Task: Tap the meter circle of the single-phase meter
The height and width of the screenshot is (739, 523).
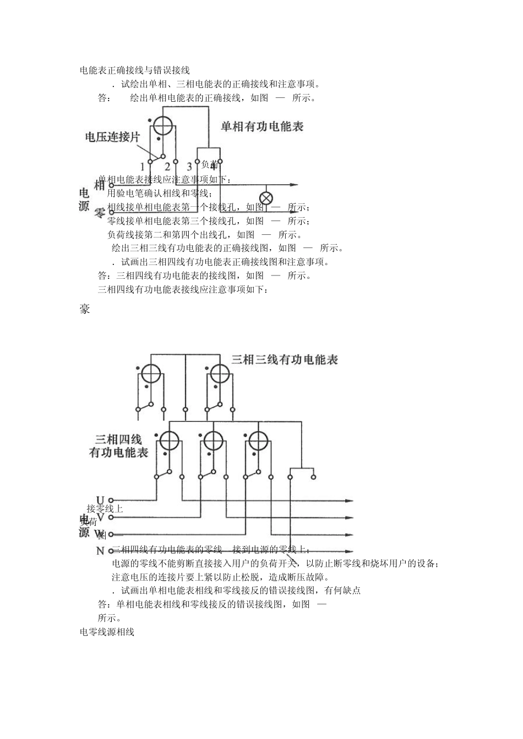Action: tap(163, 126)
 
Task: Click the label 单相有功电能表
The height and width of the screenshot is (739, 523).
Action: tap(262, 126)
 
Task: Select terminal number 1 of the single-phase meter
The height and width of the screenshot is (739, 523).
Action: tap(143, 166)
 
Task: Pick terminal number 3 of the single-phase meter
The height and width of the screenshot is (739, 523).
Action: tap(189, 166)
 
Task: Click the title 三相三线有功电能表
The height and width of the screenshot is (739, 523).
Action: tap(285, 360)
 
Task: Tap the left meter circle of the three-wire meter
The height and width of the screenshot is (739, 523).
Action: tap(150, 374)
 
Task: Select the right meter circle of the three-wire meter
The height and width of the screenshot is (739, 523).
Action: tap(220, 374)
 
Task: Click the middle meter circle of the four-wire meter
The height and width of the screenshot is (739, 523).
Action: tap(213, 440)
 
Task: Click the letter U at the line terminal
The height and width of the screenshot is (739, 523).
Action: tap(100, 500)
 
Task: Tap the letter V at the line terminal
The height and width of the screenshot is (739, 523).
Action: tap(100, 517)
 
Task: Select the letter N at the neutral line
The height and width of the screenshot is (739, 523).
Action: tap(100, 551)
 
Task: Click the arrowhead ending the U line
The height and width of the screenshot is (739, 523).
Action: tap(349, 501)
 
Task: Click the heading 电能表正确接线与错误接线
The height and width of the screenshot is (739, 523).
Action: tap(135, 70)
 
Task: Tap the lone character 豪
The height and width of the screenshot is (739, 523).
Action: tap(85, 309)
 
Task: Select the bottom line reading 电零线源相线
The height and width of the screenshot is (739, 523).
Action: tap(107, 632)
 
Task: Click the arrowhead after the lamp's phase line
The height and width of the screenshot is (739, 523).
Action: tap(295, 185)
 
